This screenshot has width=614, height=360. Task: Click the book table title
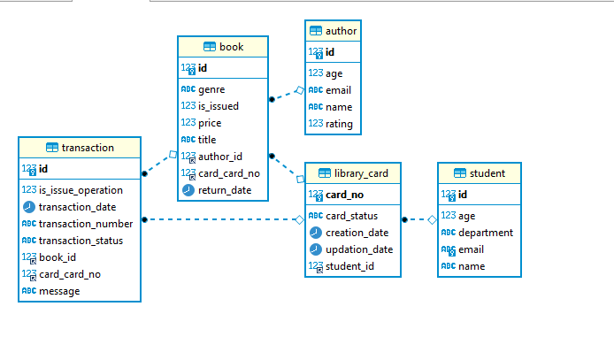point(231,47)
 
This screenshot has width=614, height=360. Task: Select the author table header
point(341,31)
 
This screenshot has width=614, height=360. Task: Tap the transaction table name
point(88,148)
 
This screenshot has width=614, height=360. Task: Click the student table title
point(487,173)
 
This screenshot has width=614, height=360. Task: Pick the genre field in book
point(211,89)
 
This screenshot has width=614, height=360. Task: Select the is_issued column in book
point(218,106)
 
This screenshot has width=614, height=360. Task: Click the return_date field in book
point(224,190)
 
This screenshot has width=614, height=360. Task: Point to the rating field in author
point(339,124)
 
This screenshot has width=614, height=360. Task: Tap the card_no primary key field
point(345,195)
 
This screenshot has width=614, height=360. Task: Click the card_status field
point(351,216)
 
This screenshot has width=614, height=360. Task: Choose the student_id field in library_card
point(349,266)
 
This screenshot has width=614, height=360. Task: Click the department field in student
point(485,233)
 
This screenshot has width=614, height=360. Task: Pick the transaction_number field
point(86,224)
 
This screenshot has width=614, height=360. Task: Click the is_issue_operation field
point(81,190)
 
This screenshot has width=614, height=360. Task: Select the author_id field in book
point(219,157)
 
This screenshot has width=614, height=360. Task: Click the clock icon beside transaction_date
point(29,207)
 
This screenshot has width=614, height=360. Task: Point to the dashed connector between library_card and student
point(418,219)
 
